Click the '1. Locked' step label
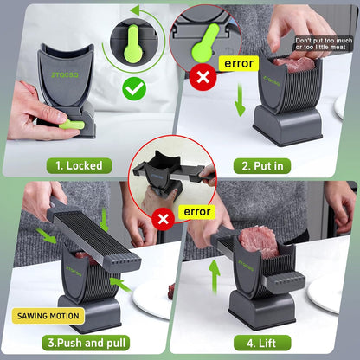click(79, 166)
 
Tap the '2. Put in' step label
click(262, 166)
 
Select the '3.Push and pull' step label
click(86, 343)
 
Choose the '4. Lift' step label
click(261, 343)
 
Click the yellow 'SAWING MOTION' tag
click(48, 316)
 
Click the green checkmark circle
click(134, 89)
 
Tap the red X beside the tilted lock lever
click(203, 77)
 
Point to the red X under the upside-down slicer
click(164, 219)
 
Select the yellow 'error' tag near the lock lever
click(239, 63)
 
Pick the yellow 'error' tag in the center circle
click(197, 212)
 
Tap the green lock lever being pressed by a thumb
click(72, 125)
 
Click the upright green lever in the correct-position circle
click(133, 44)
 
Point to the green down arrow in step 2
click(240, 100)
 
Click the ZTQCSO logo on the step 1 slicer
click(65, 74)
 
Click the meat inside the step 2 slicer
click(293, 65)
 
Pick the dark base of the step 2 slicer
click(287, 125)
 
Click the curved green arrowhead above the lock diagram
click(135, 11)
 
